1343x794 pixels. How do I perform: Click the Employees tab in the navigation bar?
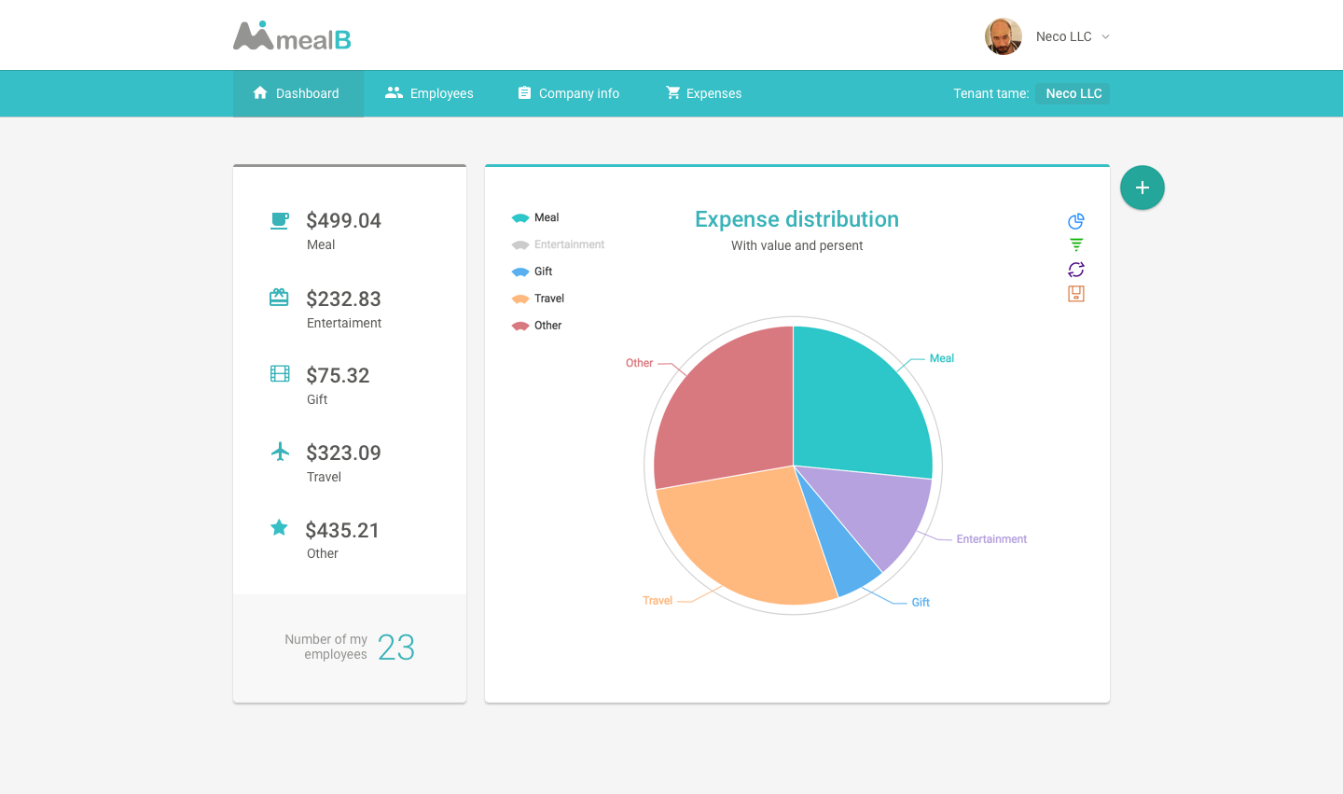pyautogui.click(x=429, y=93)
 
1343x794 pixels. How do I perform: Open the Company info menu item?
pyautogui.click(x=568, y=93)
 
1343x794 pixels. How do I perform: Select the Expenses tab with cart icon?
pyautogui.click(x=703, y=93)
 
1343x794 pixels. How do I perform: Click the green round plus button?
pyautogui.click(x=1142, y=188)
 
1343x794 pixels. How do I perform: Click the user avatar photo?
pyautogui.click(x=1004, y=36)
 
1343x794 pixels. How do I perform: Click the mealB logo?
pyautogui.click(x=292, y=36)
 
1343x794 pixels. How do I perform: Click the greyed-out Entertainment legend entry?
pyautogui.click(x=558, y=244)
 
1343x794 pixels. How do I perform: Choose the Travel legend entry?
pyautogui.click(x=538, y=299)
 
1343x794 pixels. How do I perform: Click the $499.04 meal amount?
pyautogui.click(x=343, y=221)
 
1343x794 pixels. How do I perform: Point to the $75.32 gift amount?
pyautogui.click(x=338, y=375)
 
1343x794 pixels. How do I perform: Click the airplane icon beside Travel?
pyautogui.click(x=280, y=452)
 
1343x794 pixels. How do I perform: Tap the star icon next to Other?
pyautogui.click(x=279, y=528)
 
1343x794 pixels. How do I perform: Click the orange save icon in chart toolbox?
pyautogui.click(x=1076, y=294)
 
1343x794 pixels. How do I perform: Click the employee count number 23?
pyautogui.click(x=396, y=648)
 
